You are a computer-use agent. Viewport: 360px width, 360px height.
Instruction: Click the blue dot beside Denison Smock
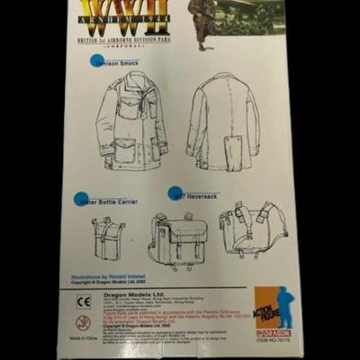coord(96,61)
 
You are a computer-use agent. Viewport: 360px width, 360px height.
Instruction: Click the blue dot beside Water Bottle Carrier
coord(81,199)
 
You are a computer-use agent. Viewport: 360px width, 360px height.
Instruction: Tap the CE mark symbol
coord(84,301)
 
